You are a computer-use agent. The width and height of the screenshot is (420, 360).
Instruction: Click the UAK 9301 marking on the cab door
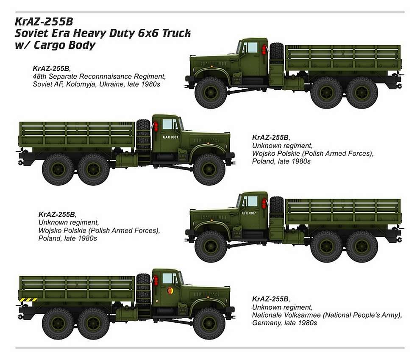tap(170, 137)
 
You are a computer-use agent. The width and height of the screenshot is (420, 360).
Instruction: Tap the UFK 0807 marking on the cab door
tap(249, 213)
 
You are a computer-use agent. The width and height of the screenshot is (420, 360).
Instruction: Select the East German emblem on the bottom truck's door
tap(170, 291)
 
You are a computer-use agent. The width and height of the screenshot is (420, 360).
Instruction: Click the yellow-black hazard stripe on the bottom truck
tap(28, 299)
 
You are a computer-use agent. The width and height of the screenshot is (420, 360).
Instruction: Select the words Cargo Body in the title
tap(64, 45)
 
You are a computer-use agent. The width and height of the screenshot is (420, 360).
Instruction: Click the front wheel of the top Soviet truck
tap(211, 93)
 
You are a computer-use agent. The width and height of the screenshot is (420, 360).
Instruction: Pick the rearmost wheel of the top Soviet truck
tap(362, 93)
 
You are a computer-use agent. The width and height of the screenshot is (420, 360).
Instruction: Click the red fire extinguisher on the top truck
tap(264, 50)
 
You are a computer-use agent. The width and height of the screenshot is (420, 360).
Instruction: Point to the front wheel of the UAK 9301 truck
tap(209, 169)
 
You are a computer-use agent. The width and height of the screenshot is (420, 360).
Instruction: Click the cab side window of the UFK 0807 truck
tap(252, 201)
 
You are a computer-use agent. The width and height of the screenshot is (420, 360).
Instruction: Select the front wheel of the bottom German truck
tap(209, 323)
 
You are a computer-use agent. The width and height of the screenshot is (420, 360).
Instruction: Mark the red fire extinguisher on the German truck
tap(156, 281)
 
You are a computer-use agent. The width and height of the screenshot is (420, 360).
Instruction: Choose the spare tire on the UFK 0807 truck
tap(277, 208)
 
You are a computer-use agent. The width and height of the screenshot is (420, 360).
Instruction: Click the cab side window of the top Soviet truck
tap(252, 47)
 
